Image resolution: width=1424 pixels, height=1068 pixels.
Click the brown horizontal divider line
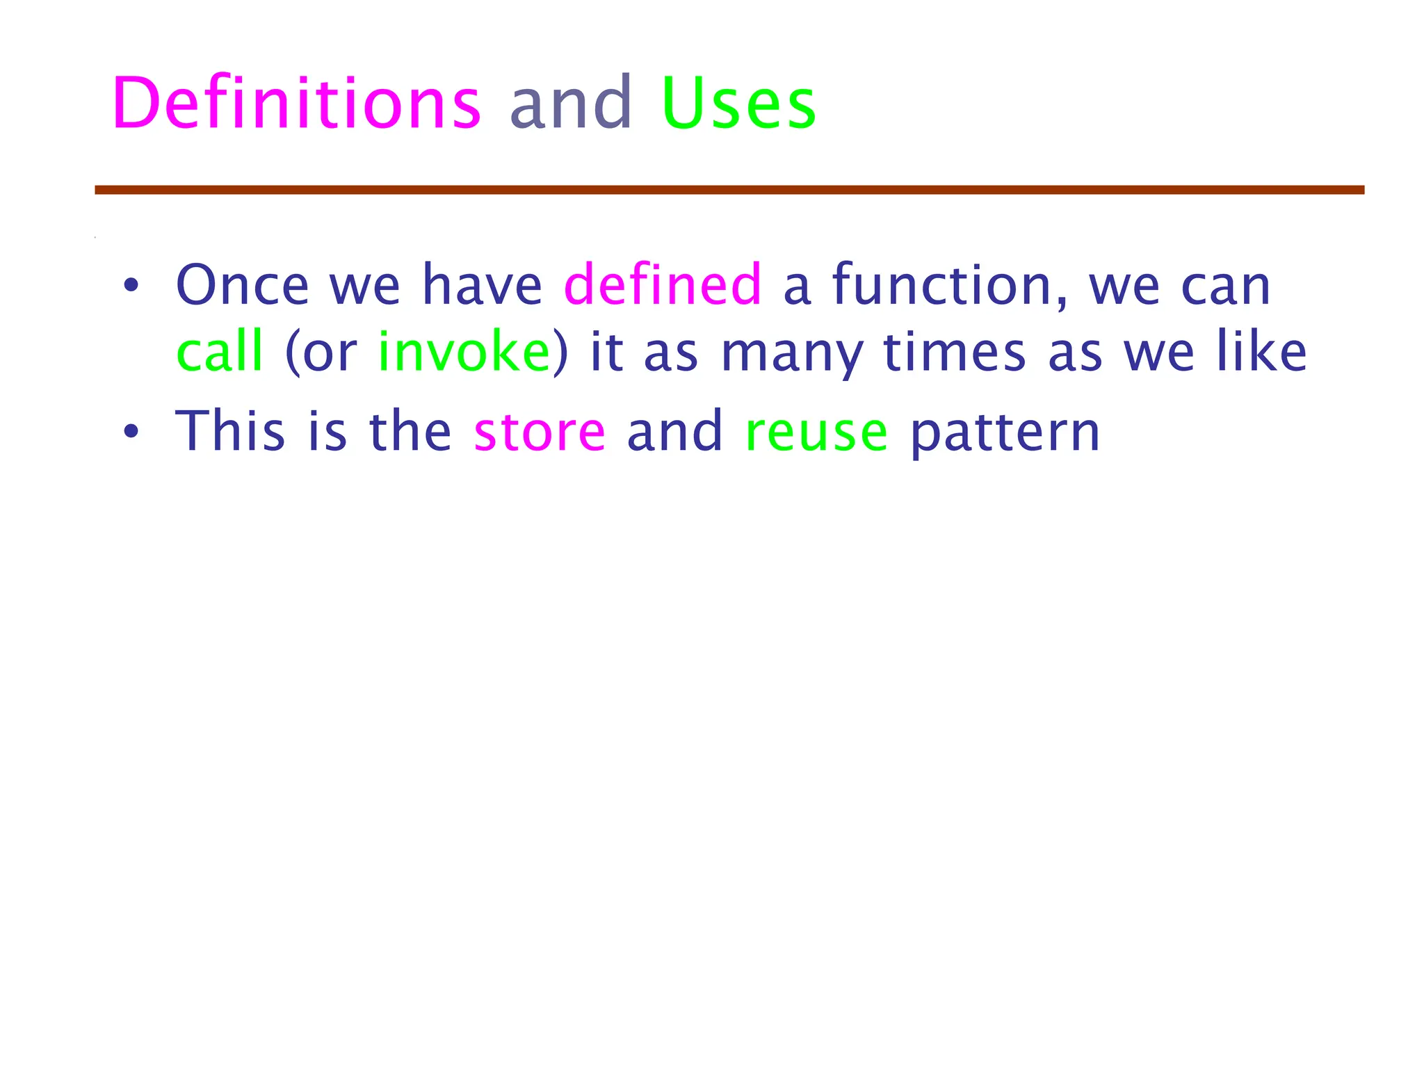point(729,190)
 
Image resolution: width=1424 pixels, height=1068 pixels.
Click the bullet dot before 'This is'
point(131,432)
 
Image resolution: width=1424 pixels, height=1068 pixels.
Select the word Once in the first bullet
point(242,285)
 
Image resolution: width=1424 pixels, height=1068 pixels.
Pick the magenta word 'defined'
point(663,285)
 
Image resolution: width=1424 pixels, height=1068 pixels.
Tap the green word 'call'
point(220,351)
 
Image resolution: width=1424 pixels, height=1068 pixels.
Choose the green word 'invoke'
point(464,351)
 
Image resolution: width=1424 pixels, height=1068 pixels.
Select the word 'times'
point(954,351)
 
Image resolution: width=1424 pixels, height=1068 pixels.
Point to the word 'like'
point(1261,351)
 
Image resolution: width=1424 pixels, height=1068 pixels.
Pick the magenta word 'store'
point(540,432)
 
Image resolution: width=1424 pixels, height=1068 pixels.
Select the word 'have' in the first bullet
point(482,285)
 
